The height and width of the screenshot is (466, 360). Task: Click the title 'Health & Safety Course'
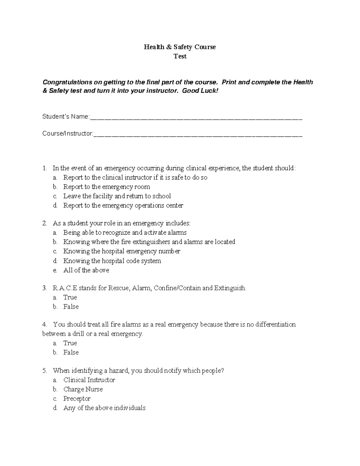click(x=180, y=47)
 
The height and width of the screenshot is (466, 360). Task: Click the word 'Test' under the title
click(x=180, y=56)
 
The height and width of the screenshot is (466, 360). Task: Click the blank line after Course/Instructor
click(x=198, y=135)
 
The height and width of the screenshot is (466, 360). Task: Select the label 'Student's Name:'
click(x=66, y=116)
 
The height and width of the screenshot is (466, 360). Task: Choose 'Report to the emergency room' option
click(x=106, y=187)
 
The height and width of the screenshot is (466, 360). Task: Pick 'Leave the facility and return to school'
click(x=117, y=196)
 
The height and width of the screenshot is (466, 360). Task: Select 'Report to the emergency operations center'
click(x=123, y=206)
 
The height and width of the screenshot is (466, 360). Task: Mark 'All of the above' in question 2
click(x=86, y=270)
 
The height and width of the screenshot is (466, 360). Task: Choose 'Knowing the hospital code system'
click(x=112, y=261)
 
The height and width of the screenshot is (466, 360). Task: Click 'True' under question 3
click(x=70, y=297)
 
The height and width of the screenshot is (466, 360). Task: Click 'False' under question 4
click(x=71, y=353)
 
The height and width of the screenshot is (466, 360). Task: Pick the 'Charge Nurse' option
click(x=83, y=389)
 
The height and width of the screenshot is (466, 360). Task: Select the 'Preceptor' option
click(x=77, y=399)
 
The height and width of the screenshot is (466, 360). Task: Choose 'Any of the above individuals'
click(x=104, y=408)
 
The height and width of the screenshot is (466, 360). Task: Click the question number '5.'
click(x=45, y=371)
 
